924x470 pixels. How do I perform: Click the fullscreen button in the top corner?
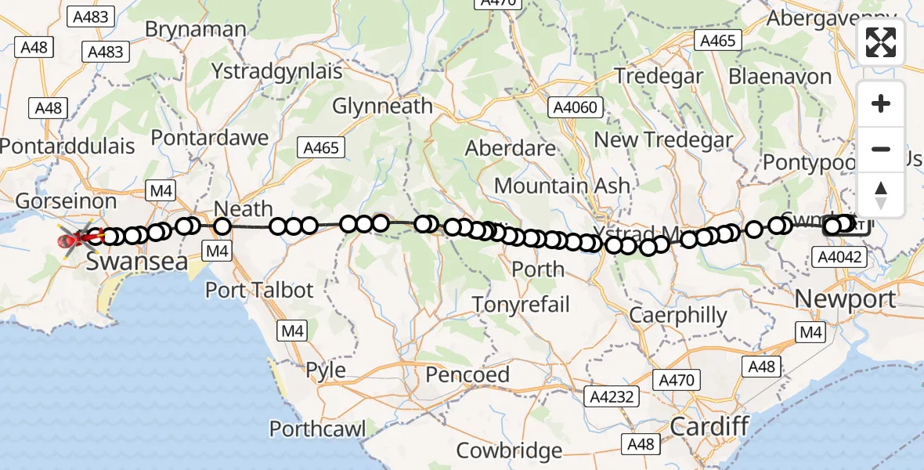click(881, 42)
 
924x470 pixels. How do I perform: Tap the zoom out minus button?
click(881, 149)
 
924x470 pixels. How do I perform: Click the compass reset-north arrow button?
click(881, 194)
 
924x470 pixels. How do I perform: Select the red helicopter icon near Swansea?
click(74, 237)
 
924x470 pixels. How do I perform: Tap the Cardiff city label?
click(709, 427)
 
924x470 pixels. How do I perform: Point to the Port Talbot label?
click(258, 290)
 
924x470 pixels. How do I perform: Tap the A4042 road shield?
click(839, 257)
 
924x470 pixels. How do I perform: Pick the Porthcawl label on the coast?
click(317, 428)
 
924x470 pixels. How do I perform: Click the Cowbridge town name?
click(509, 450)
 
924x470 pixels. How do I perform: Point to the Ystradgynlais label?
click(277, 71)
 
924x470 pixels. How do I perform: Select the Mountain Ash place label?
click(561, 186)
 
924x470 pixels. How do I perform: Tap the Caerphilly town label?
click(678, 316)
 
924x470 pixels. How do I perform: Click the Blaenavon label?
click(780, 77)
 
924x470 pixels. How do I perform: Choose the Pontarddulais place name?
click(67, 146)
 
